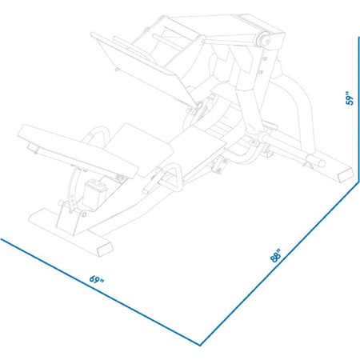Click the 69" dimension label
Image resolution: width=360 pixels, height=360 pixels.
pyautogui.click(x=97, y=280)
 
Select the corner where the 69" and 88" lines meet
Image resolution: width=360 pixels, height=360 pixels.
pyautogui.click(x=200, y=344)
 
